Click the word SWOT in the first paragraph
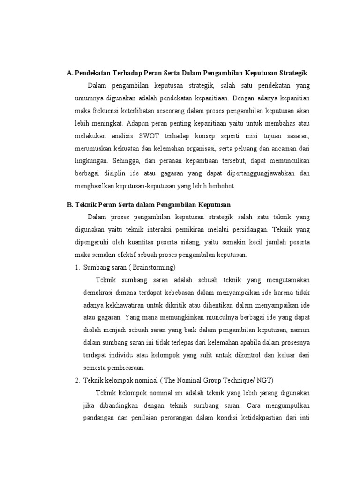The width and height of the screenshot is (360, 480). [150, 136]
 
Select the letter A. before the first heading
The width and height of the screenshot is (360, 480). [70, 74]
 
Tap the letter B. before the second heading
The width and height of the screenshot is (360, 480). [70, 205]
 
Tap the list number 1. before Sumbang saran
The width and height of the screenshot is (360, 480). [77, 268]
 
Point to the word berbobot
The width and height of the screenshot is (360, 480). [221, 186]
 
